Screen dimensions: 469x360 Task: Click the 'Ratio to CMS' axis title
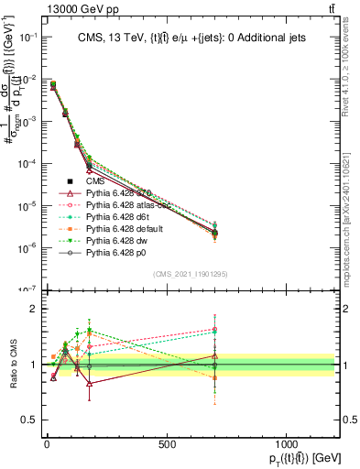tap(11, 365)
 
